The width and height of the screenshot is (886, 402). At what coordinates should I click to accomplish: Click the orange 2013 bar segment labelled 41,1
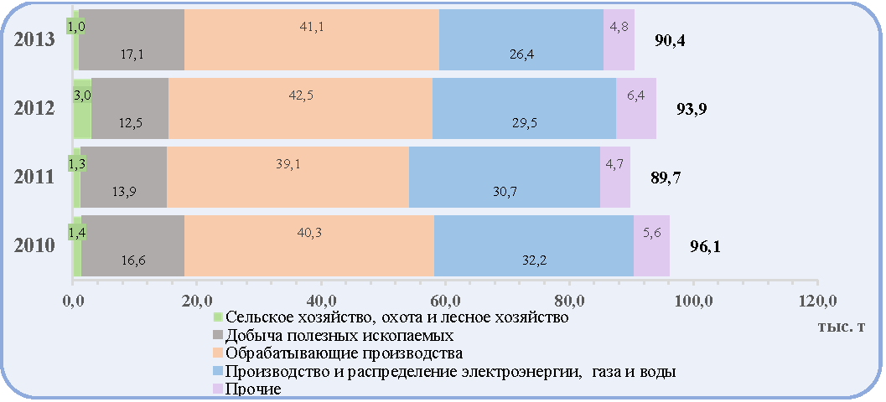click(312, 39)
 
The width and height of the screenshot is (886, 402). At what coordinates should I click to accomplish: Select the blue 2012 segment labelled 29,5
click(525, 108)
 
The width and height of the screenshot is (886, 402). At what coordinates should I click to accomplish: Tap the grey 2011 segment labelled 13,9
click(124, 178)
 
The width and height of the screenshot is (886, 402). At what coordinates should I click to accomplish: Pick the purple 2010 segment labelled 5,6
click(651, 245)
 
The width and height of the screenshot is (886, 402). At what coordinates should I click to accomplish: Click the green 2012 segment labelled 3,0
click(82, 108)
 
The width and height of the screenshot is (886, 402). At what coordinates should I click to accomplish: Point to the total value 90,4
click(670, 41)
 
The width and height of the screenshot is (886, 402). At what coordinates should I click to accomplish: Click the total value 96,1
click(705, 247)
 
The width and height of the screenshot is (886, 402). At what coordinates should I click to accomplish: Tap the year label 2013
click(35, 40)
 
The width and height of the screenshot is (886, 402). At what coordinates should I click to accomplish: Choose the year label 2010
click(35, 246)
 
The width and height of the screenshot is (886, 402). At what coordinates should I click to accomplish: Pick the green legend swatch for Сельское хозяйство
click(218, 317)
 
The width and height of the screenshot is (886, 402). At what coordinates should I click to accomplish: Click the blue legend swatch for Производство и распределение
click(218, 372)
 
